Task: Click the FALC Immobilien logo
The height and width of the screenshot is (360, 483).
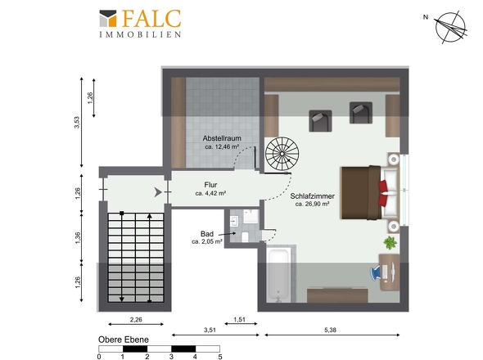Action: click(x=140, y=24)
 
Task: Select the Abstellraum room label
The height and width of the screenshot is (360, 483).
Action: click(x=222, y=138)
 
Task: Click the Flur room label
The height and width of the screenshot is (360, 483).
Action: click(x=210, y=185)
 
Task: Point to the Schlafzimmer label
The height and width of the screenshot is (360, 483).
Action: click(x=313, y=196)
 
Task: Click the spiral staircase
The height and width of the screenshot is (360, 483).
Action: click(x=282, y=153)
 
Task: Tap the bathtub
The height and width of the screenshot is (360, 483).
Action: click(x=278, y=275)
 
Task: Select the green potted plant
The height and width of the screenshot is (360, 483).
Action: click(x=390, y=243)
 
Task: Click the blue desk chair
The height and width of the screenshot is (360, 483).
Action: click(x=376, y=272)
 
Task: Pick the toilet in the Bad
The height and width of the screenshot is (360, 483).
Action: click(x=246, y=236)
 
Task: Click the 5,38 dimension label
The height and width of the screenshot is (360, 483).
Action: click(x=330, y=330)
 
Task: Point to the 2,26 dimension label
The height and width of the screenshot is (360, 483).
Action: click(x=136, y=319)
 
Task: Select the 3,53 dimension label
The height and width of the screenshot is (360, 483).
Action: click(x=77, y=122)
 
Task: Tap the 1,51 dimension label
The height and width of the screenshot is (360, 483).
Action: click(x=239, y=319)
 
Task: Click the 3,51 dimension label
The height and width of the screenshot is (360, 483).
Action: click(x=210, y=330)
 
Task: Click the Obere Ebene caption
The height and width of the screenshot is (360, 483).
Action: click(x=124, y=340)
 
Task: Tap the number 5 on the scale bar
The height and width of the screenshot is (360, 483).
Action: click(x=220, y=357)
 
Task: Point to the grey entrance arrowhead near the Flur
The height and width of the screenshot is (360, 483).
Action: click(x=158, y=192)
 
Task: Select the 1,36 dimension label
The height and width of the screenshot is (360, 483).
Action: click(x=77, y=238)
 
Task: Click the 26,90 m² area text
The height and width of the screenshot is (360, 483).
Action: click(x=313, y=204)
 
